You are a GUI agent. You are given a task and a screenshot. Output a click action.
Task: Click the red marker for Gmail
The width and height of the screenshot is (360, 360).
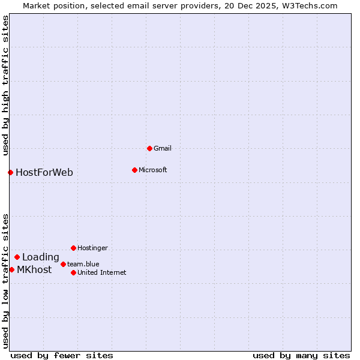coord(149,148)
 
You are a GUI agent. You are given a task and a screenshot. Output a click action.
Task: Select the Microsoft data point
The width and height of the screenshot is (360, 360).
coord(134,170)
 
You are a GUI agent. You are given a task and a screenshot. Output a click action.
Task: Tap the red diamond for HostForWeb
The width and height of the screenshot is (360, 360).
coord(10,172)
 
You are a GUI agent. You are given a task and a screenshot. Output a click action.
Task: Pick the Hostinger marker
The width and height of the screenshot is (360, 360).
coord(73,248)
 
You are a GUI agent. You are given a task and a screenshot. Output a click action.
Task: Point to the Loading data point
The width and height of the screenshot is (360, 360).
coord(17,257)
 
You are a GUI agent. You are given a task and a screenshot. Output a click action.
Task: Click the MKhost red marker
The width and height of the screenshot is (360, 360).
coord(11,269)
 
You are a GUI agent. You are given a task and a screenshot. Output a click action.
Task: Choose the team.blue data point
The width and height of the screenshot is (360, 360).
coord(63,264)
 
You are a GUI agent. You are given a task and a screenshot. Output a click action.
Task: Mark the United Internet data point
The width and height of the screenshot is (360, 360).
coord(73,272)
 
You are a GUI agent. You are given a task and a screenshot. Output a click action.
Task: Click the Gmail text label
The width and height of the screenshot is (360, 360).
coord(163,148)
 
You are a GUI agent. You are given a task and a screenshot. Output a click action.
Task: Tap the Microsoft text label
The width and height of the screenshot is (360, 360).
coord(153,170)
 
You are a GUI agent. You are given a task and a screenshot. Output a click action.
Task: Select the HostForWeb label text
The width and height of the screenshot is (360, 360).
coord(44,173)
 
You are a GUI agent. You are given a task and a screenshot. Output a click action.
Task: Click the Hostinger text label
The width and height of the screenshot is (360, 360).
coord(92,248)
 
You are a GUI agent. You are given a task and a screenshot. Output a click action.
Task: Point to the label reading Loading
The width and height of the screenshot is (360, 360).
coord(41,257)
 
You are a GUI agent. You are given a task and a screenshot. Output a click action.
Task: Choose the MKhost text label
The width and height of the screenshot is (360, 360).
coord(34,270)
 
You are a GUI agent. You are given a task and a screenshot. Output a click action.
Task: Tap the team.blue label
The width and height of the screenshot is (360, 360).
coord(83,264)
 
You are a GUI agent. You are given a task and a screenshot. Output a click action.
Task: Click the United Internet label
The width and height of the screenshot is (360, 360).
coord(102,272)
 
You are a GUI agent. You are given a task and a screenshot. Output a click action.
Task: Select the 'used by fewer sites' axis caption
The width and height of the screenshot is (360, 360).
coord(62,355)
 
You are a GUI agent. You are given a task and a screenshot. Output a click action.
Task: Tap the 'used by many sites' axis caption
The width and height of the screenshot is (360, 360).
coord(301,355)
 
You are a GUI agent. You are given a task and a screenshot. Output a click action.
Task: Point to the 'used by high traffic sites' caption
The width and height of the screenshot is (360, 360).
coord(6,85)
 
